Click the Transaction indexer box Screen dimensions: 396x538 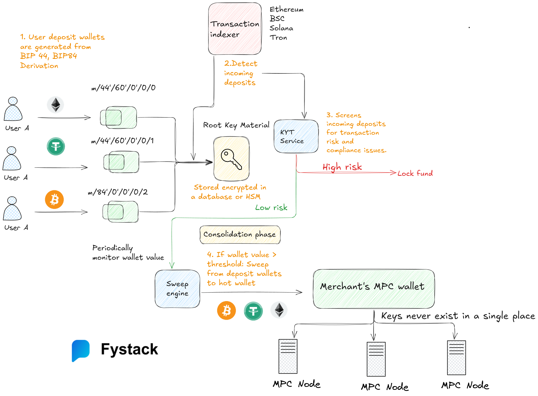[234, 29]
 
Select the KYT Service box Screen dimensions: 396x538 [296, 136]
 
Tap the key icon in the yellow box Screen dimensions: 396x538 [231, 159]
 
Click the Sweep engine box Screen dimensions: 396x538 [177, 288]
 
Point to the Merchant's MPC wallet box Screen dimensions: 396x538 [373, 288]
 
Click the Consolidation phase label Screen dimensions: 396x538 [240, 234]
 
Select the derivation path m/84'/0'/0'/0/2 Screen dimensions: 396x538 [118, 192]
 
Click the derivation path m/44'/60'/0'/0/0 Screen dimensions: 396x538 [123, 88]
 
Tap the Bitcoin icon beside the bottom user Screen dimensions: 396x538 [54, 200]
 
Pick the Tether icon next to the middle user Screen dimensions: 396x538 [56, 147]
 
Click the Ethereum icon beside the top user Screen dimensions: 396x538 [56, 105]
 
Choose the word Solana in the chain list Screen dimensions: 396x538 [281, 28]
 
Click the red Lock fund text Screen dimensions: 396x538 [415, 173]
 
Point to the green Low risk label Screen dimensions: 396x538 [271, 208]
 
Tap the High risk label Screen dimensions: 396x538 [342, 167]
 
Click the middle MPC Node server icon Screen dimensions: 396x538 [376, 359]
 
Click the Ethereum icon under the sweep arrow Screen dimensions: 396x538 [279, 310]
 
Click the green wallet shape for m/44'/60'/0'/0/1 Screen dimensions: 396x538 [121, 162]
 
